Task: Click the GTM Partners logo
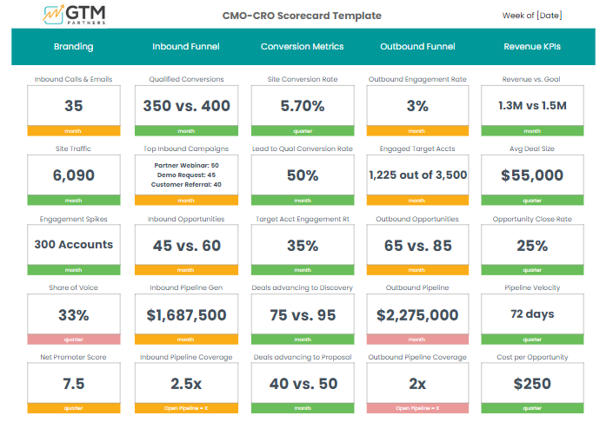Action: pyautogui.click(x=78, y=15)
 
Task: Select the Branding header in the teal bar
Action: pyautogui.click(x=73, y=47)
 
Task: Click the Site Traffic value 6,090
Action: pyautogui.click(x=73, y=175)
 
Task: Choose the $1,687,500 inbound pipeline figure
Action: pyautogui.click(x=187, y=315)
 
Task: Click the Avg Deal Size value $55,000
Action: pyautogui.click(x=532, y=175)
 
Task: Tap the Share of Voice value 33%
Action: pyautogui.click(x=73, y=315)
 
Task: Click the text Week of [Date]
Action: pyautogui.click(x=531, y=16)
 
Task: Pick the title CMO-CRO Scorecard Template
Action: pyautogui.click(x=302, y=16)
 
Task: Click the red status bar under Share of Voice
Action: pyautogui.click(x=73, y=340)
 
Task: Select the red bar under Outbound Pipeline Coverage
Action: pyautogui.click(x=417, y=408)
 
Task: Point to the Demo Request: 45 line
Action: pyautogui.click(x=186, y=175)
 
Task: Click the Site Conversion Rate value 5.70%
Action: pyautogui.click(x=302, y=106)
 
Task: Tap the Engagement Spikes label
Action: pyautogui.click(x=73, y=219)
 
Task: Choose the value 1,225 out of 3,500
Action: pyautogui.click(x=417, y=175)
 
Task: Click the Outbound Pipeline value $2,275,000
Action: pyautogui.click(x=417, y=315)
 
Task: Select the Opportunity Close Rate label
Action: pyautogui.click(x=532, y=219)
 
